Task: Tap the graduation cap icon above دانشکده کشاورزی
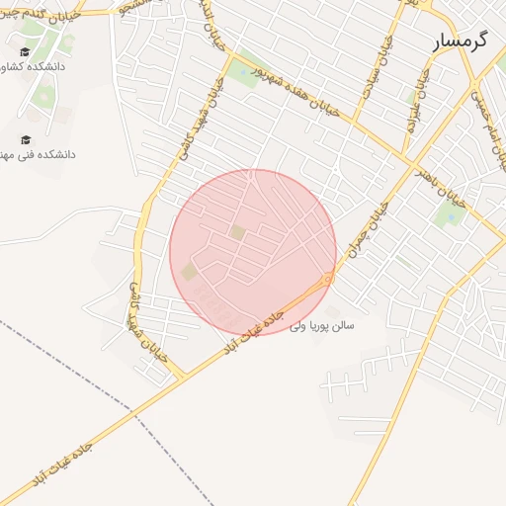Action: pos(26,51)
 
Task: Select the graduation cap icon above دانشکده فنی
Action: pos(26,139)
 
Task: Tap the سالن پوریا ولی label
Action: pos(321,325)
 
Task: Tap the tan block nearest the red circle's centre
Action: pos(238,231)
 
